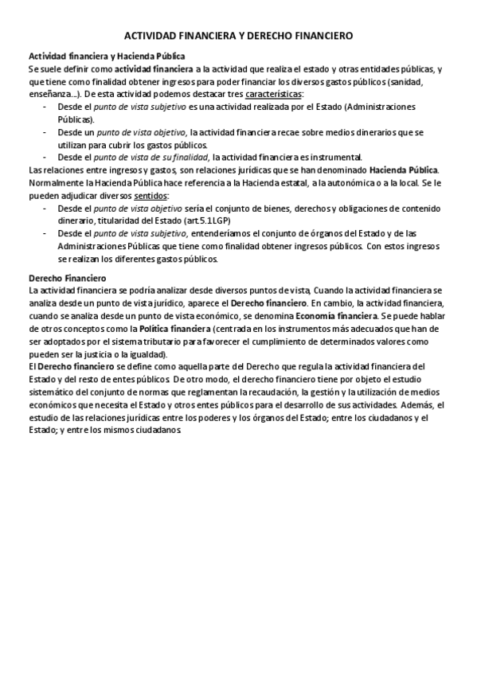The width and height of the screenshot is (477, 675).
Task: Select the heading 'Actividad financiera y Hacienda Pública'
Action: pyautogui.click(x=107, y=57)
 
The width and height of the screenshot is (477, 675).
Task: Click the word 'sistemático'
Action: pyautogui.click(x=54, y=392)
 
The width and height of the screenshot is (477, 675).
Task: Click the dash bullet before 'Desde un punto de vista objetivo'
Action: pyautogui.click(x=45, y=131)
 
